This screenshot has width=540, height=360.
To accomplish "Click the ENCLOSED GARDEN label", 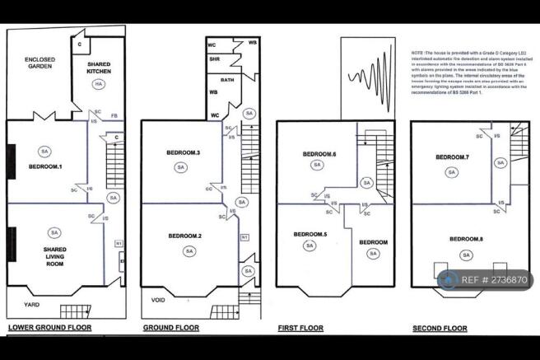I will [40, 64].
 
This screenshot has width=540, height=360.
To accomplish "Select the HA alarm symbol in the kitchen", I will [98, 85].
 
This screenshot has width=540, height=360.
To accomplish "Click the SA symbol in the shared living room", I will [54, 232].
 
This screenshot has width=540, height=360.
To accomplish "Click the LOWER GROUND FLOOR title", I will [49, 328].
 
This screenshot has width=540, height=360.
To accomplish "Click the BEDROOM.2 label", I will [186, 236].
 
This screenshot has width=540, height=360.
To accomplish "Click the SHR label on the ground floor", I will [214, 58].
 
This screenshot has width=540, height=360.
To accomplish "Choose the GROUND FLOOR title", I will [171, 328].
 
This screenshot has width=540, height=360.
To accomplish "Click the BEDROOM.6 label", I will [317, 154].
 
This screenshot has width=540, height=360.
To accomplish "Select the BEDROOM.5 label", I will [310, 234].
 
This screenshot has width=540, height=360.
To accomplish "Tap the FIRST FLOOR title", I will [299, 328].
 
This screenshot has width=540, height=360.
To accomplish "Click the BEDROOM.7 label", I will [452, 157].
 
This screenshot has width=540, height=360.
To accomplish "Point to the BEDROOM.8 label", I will [466, 239].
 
